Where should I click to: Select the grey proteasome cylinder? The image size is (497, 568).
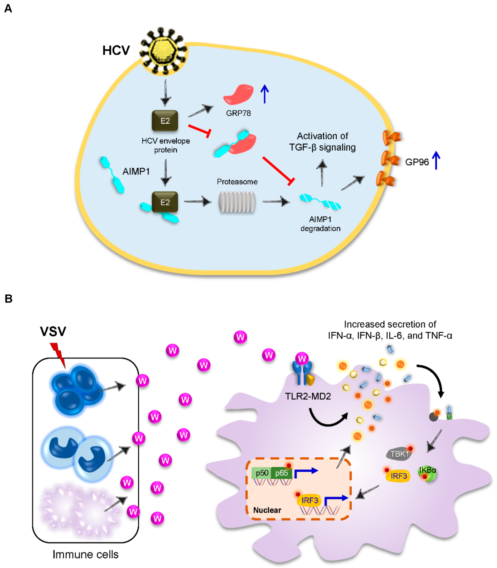[237, 202]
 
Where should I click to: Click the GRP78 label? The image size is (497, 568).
[238, 113]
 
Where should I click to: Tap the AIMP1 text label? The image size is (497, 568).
[136, 171]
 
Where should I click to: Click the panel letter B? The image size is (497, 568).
[9, 299]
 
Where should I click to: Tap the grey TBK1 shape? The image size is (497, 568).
[399, 454]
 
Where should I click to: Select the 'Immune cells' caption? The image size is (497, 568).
[85, 554]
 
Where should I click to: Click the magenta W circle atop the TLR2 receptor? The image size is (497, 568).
[302, 359]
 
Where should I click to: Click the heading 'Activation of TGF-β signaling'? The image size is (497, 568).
[322, 142]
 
